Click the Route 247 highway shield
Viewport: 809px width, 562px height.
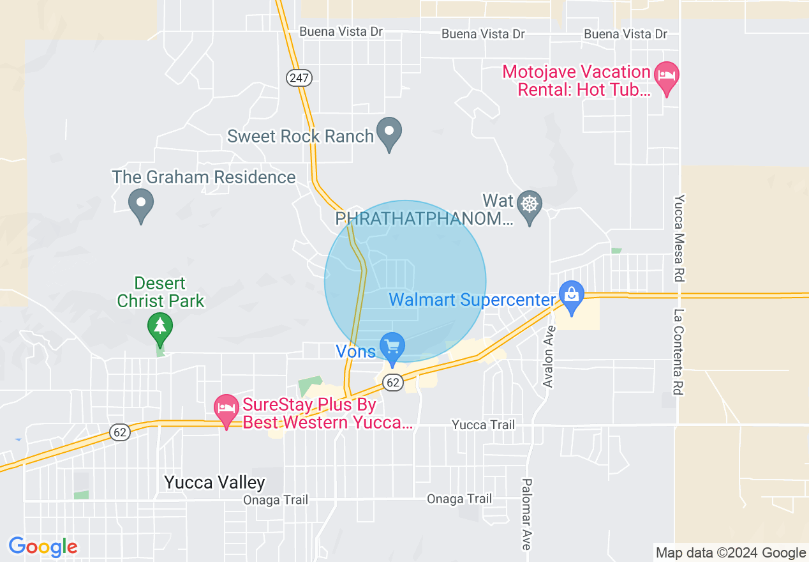299,78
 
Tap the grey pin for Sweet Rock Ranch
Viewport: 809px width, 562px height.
389,133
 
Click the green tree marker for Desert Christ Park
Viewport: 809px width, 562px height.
160,326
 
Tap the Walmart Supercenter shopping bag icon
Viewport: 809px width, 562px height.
572,296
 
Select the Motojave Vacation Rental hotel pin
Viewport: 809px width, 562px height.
667,77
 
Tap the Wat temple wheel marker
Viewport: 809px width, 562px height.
530,205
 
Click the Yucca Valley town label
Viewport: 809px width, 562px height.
214,482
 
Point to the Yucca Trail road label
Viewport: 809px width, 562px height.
483,425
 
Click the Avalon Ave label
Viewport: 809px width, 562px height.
549,355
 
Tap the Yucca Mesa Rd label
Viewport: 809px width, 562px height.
680,238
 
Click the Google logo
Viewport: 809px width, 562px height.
43,547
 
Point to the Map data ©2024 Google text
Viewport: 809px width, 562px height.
731,553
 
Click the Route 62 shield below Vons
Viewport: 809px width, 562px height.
393,382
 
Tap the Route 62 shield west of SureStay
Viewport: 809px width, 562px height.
120,432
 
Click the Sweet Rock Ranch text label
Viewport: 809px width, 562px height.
301,136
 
